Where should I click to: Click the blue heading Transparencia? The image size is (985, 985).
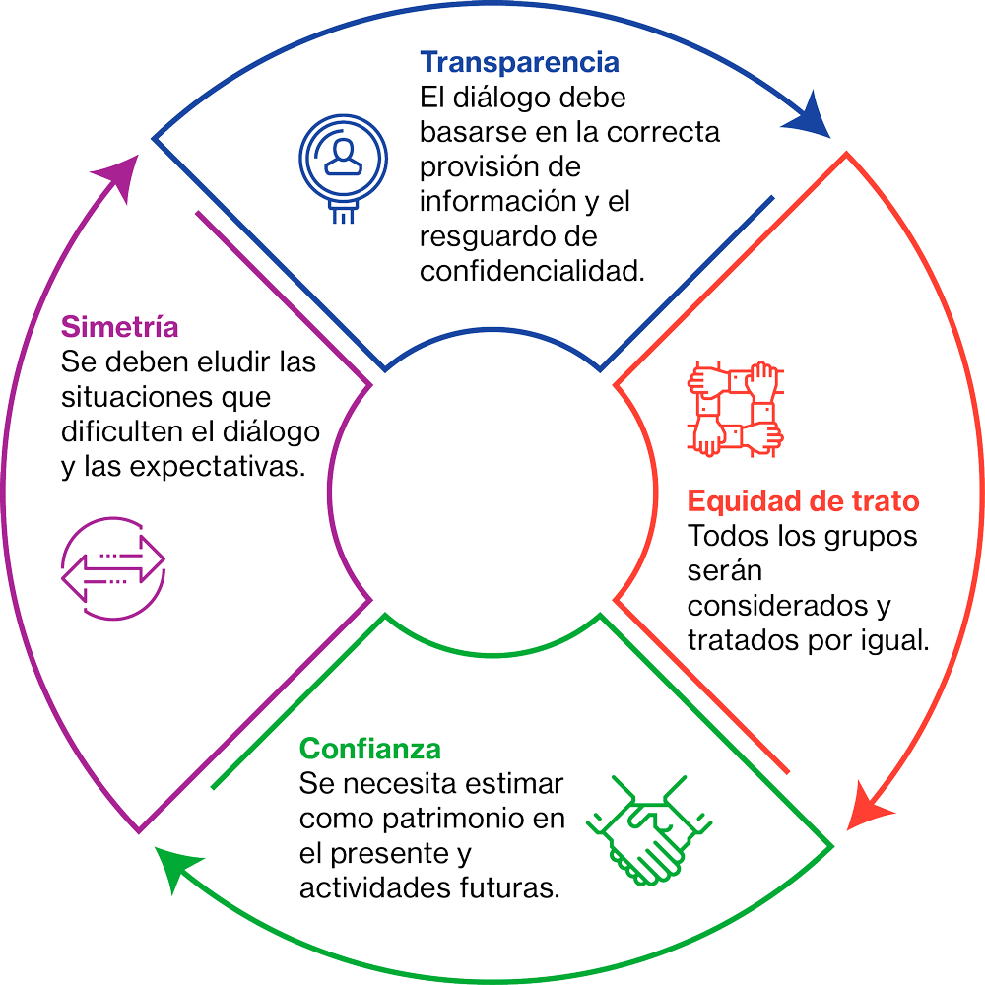click(519, 63)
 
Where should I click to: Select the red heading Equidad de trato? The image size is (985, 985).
click(803, 501)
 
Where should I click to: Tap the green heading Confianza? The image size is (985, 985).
click(369, 749)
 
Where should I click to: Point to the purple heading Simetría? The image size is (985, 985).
click(119, 326)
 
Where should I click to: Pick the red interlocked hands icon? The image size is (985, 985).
click(734, 410)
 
